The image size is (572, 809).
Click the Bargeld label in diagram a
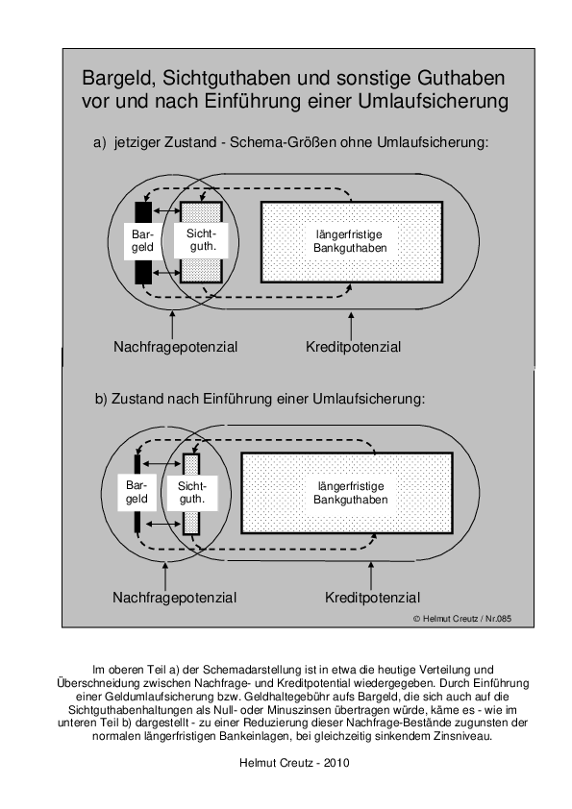142,241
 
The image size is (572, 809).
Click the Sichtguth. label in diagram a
202,240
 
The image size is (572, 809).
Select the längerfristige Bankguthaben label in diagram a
350,241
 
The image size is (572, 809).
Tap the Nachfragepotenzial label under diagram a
176,347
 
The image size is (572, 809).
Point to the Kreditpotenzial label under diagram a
353,347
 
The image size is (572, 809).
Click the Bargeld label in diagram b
137,492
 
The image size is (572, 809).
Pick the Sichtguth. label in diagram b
192,492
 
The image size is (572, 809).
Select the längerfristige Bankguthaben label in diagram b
351,493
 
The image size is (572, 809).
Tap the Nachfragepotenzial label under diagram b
175,598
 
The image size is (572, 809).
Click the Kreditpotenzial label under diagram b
372,598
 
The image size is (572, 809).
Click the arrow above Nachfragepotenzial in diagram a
172,325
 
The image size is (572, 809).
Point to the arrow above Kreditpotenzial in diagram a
352,325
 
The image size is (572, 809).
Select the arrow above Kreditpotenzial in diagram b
371,576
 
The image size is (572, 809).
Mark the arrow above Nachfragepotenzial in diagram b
165,576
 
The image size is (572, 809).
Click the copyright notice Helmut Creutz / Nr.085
462,619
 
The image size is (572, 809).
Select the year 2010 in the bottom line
336,763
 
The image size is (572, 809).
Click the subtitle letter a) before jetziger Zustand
99,142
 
